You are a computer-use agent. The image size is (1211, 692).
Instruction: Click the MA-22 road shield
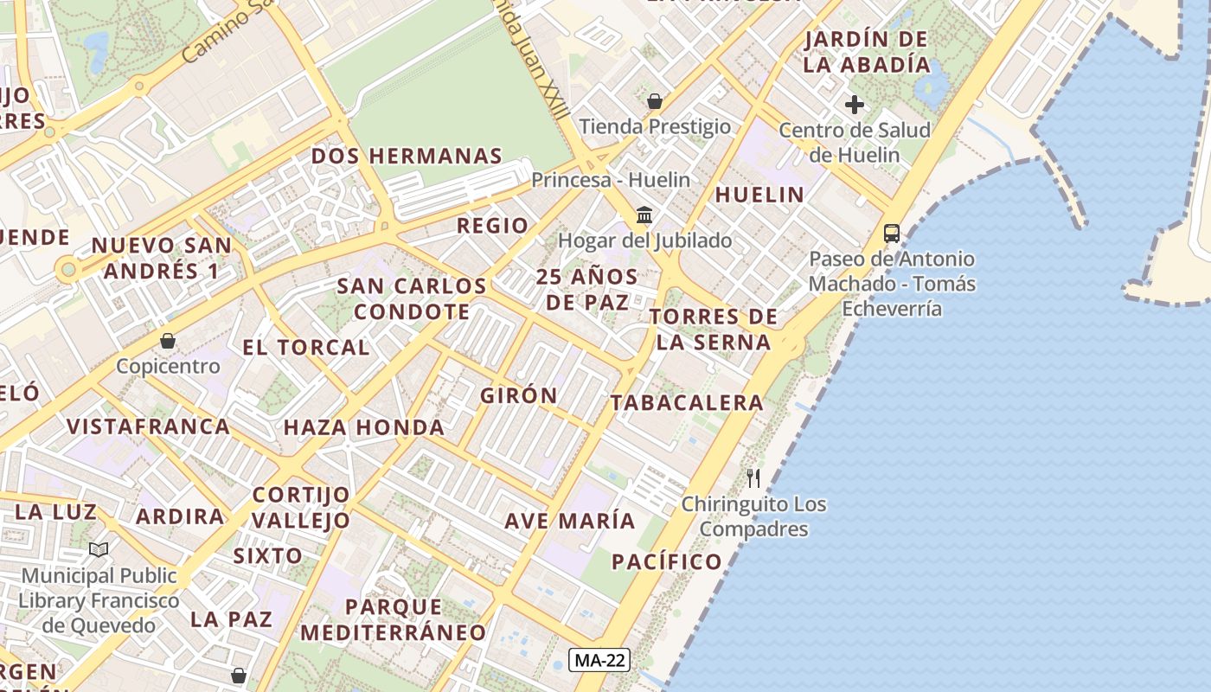click(x=599, y=660)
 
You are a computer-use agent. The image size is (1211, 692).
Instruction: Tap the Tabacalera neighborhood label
click(x=687, y=402)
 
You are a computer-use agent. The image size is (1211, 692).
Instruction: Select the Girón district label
click(x=519, y=395)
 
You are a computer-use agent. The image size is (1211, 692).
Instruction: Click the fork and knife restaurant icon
click(x=753, y=477)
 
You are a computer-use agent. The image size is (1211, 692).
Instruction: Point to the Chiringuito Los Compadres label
click(x=753, y=516)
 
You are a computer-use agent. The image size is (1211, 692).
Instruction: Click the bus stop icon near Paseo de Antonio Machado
click(x=891, y=234)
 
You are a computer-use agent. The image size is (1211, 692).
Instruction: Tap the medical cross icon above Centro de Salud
click(x=855, y=106)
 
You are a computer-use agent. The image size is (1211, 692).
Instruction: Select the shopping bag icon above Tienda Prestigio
click(x=655, y=101)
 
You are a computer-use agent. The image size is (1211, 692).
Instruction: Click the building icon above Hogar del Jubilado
click(x=644, y=215)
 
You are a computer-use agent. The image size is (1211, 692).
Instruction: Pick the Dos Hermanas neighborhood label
click(x=407, y=156)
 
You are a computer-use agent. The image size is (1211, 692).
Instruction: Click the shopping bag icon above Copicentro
click(x=168, y=341)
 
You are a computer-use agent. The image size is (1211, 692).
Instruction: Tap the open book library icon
click(x=99, y=549)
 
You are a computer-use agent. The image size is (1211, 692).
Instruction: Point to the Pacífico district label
click(x=666, y=562)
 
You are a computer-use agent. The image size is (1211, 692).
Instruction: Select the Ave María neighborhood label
click(x=570, y=522)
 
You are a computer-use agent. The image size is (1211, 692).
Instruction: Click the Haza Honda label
click(x=364, y=427)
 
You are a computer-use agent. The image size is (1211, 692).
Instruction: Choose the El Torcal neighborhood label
click(x=305, y=348)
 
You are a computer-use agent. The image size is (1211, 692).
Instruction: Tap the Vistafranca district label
click(x=149, y=426)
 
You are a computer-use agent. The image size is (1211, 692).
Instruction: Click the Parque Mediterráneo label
click(x=394, y=619)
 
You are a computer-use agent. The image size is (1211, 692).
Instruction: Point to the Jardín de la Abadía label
click(x=866, y=52)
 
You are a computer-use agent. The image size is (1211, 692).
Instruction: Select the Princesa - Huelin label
click(x=611, y=180)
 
